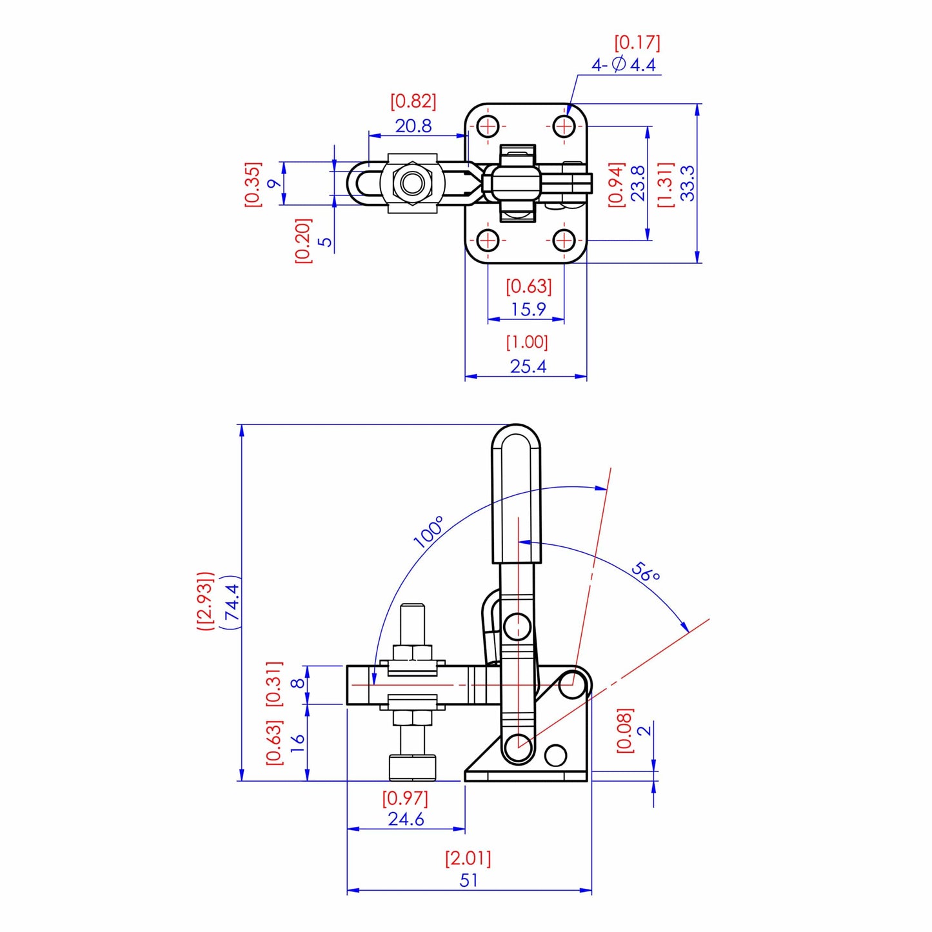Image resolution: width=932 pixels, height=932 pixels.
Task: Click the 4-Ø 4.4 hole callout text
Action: pyautogui.click(x=624, y=64)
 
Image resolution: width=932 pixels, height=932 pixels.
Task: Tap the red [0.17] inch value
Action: pyautogui.click(x=637, y=43)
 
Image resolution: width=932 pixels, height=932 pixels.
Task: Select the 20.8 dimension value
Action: pyautogui.click(x=413, y=126)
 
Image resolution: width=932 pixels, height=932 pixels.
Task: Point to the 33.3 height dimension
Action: pyautogui.click(x=688, y=183)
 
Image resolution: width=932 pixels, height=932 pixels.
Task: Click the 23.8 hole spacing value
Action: pyautogui.click(x=638, y=183)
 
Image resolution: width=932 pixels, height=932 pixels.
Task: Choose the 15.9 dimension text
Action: pyautogui.click(x=528, y=310)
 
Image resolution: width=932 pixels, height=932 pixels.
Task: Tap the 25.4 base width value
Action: pyautogui.click(x=528, y=366)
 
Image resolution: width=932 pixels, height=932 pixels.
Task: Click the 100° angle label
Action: pyautogui.click(x=429, y=531)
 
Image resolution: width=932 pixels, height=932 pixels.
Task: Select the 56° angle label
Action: pyautogui.click(x=646, y=571)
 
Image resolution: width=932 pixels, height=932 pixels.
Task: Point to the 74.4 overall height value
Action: pyautogui.click(x=232, y=602)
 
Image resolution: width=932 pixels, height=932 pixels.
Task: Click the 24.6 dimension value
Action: pyautogui.click(x=406, y=819)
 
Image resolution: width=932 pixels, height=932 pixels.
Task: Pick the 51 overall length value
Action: pyautogui.click(x=469, y=880)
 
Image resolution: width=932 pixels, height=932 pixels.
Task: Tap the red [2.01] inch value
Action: pyautogui.click(x=468, y=858)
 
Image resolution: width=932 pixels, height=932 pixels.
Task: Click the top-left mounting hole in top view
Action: pyautogui.click(x=488, y=126)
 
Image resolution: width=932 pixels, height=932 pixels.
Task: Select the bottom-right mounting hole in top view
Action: pyautogui.click(x=564, y=241)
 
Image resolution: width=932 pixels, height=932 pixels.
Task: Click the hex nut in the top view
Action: pyautogui.click(x=411, y=183)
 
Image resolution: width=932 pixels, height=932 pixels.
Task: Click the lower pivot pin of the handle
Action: pyautogui.click(x=517, y=748)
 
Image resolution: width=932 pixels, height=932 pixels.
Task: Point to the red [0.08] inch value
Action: pyautogui.click(x=625, y=730)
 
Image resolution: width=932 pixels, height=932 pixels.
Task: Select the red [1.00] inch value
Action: pyautogui.click(x=527, y=342)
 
